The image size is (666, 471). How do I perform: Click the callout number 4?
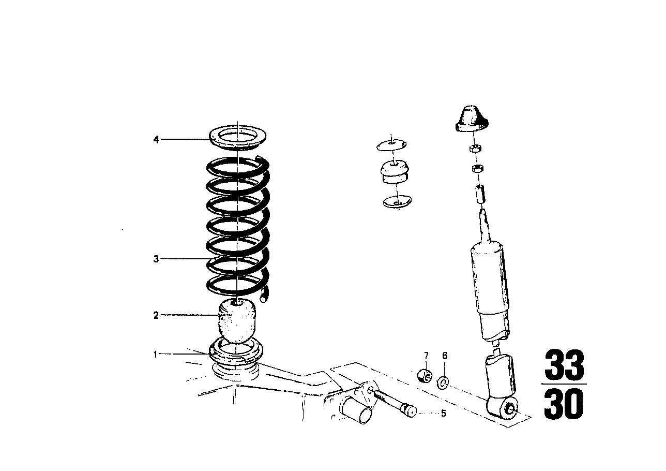pyautogui.click(x=156, y=139)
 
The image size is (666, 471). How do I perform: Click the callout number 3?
pyautogui.click(x=156, y=259)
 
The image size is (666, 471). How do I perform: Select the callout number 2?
pyautogui.click(x=156, y=315)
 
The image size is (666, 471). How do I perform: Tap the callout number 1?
pyautogui.click(x=155, y=355)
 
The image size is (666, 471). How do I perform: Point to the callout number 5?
pyautogui.click(x=443, y=413)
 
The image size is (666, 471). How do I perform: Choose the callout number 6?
pyautogui.click(x=445, y=356)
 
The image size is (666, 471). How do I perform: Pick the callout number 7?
pyautogui.click(x=426, y=356)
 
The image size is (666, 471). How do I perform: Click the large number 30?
pyautogui.click(x=564, y=404)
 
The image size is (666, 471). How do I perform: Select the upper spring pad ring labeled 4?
pyautogui.click(x=238, y=139)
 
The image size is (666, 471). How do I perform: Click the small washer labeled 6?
pyautogui.click(x=443, y=384)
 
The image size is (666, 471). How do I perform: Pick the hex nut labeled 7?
pyautogui.click(x=425, y=376)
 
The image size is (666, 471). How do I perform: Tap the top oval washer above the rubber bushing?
pyautogui.click(x=391, y=145)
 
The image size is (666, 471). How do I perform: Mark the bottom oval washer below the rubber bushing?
pyautogui.click(x=397, y=201)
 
